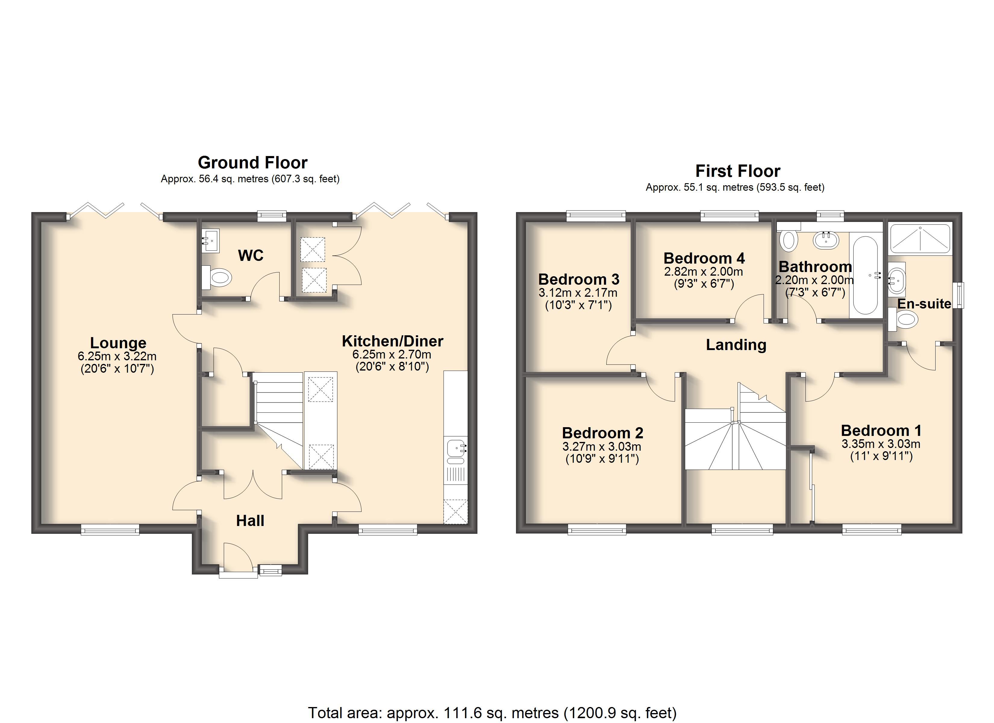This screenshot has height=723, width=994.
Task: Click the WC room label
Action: [251, 255]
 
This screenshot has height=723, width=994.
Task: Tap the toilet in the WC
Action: [217, 277]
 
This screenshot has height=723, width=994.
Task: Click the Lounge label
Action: [118, 343]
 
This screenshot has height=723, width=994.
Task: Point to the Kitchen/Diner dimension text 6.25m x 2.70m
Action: [392, 354]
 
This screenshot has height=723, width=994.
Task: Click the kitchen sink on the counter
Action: [456, 452]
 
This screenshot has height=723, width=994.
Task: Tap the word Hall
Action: [250, 521]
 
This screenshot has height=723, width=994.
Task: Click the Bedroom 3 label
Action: [579, 279]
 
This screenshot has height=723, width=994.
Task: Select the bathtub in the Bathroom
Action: [866, 275]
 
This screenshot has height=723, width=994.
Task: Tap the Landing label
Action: [736, 345]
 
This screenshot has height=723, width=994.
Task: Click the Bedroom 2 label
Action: [603, 433]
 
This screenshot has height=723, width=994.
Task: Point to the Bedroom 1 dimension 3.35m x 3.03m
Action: [881, 444]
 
